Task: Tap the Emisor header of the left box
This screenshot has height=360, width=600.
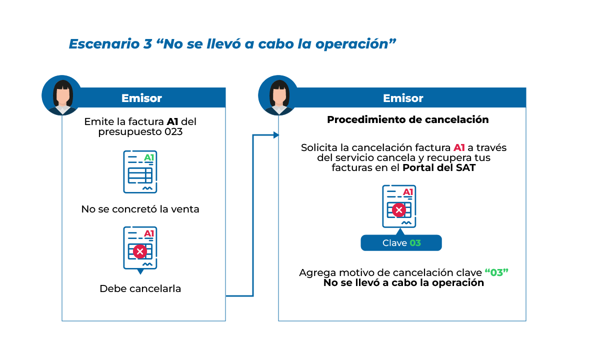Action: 141,98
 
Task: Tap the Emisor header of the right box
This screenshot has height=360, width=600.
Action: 403,98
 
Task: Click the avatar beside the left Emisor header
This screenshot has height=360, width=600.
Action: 62,95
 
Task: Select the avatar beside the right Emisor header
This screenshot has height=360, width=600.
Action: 278,95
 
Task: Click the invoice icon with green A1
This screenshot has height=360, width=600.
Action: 140,171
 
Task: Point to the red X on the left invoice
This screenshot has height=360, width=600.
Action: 140,251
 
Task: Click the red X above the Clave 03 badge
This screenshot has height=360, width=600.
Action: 398,210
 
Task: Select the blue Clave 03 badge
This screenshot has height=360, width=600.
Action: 401,243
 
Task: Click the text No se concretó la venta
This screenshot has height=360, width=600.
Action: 140,209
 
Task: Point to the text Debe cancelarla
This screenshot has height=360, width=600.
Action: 140,288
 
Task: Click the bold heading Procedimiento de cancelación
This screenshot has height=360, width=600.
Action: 407,120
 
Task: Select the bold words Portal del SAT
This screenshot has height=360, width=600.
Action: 438,168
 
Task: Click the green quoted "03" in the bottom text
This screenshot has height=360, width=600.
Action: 496,273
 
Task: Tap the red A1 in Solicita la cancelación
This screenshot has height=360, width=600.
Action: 459,148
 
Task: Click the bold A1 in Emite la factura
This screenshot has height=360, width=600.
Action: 172,122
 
